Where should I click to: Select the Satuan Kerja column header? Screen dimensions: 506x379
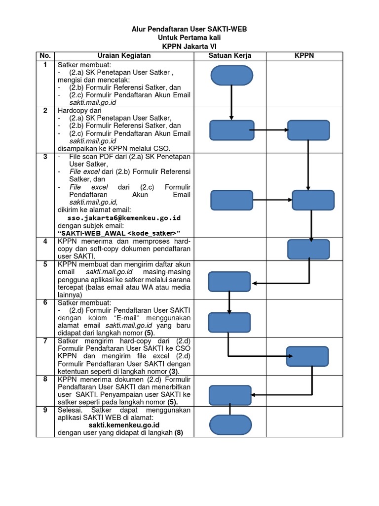click(x=229, y=55)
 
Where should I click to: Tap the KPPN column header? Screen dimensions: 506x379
click(x=304, y=55)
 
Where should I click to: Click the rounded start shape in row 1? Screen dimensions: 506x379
click(x=231, y=76)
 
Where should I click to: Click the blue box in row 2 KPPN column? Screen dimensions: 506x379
click(x=309, y=130)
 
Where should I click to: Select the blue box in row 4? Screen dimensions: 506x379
click(x=308, y=250)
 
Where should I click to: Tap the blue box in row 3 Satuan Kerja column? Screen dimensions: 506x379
click(x=232, y=200)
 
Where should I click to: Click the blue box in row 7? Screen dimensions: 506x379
click(x=308, y=356)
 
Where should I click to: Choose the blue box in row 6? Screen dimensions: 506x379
click(x=229, y=322)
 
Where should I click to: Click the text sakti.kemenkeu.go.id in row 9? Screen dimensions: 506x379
click(x=124, y=424)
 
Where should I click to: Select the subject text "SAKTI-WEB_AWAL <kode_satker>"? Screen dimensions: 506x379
click(x=119, y=233)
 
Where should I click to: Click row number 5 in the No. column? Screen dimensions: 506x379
click(x=45, y=264)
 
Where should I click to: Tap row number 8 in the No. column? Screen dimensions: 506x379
click(x=45, y=379)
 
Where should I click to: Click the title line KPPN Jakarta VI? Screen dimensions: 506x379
click(x=189, y=45)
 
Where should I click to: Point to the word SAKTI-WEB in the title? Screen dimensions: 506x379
click(x=229, y=30)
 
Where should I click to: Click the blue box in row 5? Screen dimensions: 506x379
click(x=229, y=282)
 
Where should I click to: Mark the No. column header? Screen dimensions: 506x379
click(x=45, y=55)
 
